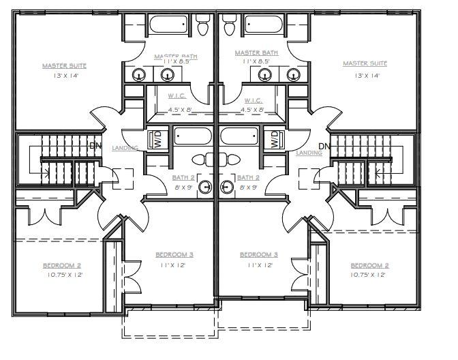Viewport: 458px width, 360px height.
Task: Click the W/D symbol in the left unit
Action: (158, 140)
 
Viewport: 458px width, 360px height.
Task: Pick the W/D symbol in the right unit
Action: (275, 140)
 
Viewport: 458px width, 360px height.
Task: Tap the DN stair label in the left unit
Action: (95, 146)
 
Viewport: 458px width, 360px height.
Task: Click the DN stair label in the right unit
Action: (324, 146)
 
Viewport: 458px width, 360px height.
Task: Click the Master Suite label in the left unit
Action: (64, 66)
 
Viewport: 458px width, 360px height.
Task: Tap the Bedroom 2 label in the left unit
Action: (63, 265)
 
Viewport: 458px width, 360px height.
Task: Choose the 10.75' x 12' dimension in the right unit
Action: (369, 275)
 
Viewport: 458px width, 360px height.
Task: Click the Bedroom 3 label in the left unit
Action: (174, 254)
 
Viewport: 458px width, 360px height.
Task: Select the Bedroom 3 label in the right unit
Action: (260, 254)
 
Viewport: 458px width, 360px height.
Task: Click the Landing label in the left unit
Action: (126, 148)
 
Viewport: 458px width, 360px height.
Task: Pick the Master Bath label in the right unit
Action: (256, 52)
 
